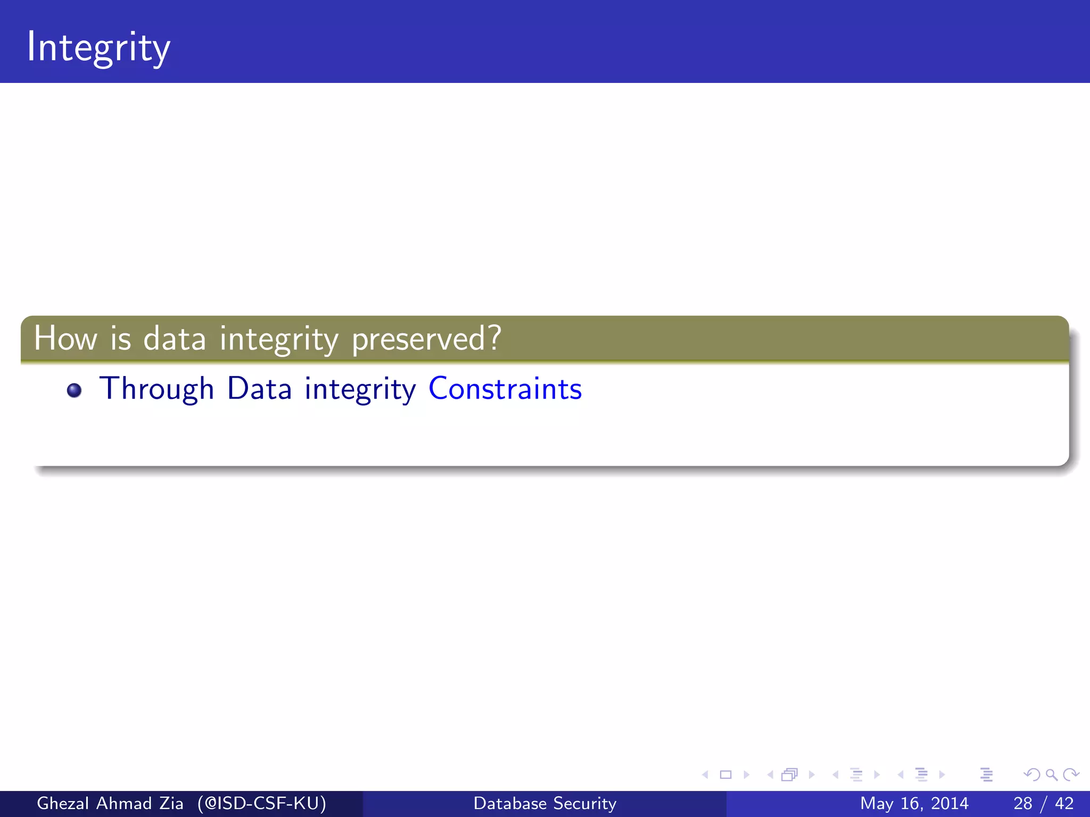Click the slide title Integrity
[98, 48]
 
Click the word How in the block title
[65, 338]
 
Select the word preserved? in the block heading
[426, 339]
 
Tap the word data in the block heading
[175, 338]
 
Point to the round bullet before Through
[74, 390]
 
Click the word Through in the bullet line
[156, 389]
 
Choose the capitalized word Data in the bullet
[259, 389]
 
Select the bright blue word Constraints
[505, 389]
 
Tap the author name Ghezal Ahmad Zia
[110, 803]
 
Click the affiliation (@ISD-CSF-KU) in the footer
[261, 803]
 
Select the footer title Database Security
[545, 803]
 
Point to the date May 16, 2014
[914, 803]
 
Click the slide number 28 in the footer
[1022, 803]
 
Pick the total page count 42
[1064, 803]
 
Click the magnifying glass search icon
[1051, 774]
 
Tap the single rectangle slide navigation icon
[725, 774]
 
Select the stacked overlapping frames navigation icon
[789, 774]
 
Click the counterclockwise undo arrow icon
[1032, 774]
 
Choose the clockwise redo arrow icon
[1071, 774]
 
